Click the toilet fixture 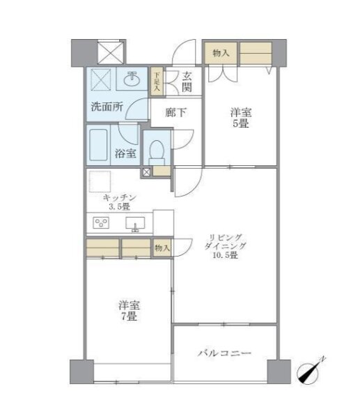pos(157,153)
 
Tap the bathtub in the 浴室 pos(98,145)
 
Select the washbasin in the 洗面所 pos(132,79)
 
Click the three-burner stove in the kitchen pos(101,222)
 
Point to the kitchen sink pos(135,224)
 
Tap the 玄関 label pos(187,82)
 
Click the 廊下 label pos(175,113)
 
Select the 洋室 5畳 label pos(241,118)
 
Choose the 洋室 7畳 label pos(129,311)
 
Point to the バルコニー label pos(224,353)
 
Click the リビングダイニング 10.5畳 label pos(225,246)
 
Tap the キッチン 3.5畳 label pos(119,202)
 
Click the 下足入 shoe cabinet pos(157,82)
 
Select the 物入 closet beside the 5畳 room pos(221,53)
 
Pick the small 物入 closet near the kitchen pos(162,247)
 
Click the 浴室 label pos(125,153)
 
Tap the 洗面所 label pos(107,107)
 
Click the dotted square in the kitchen pos(100,181)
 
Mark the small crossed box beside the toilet pos(146,172)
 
